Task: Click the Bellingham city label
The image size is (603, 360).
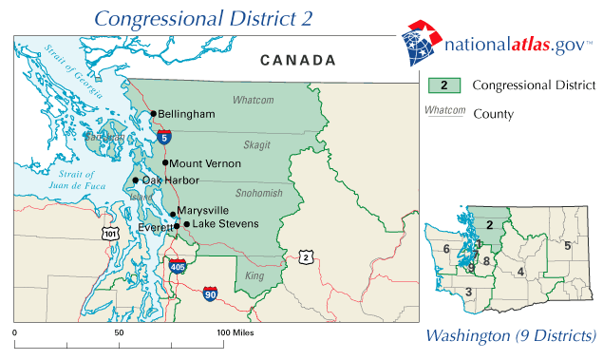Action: coord(186,114)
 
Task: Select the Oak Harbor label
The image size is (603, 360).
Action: coord(171,180)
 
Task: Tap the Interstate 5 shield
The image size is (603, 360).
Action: coord(165,138)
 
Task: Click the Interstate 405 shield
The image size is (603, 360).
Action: coord(178,267)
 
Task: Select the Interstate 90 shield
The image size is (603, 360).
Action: coord(209,295)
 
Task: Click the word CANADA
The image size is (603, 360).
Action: coord(298,61)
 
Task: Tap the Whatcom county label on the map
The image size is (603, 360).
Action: coord(253,100)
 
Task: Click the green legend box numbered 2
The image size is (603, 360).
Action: coord(443,85)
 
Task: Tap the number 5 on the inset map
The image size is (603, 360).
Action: coord(567,246)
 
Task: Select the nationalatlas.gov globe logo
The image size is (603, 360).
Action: coord(419,42)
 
